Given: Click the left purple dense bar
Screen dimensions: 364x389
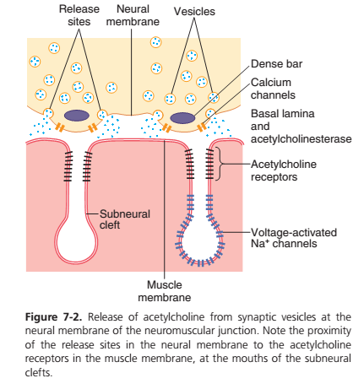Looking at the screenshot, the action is tap(77, 116).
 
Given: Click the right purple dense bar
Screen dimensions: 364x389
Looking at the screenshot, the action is tap(182, 118).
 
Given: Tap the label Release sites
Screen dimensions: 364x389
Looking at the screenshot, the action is tap(79, 15).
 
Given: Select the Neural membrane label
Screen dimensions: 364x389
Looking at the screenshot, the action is tap(133, 15).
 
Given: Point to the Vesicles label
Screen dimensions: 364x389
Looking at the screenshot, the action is tap(194, 12).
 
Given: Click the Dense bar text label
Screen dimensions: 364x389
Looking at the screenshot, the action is tap(276, 64).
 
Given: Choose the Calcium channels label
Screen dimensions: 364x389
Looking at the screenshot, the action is tap(273, 89).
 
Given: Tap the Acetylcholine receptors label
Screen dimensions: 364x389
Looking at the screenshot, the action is tap(284, 170).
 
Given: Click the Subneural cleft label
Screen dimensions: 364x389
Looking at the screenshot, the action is tap(125, 219).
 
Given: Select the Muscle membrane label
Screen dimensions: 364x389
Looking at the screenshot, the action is tap(165, 291).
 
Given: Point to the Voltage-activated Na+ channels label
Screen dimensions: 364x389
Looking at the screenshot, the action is tap(294, 238).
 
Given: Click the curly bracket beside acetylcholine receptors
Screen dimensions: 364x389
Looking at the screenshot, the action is tap(220, 164).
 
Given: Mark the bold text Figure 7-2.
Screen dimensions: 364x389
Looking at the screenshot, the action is tap(53, 317).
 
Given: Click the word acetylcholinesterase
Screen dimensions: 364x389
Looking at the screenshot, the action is tap(302, 139).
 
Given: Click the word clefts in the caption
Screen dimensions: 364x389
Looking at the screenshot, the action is tap(39, 373).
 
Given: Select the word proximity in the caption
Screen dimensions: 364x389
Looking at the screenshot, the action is tap(329, 331).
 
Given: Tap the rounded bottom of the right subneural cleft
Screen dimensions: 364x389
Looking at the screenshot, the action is tap(200, 262).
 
